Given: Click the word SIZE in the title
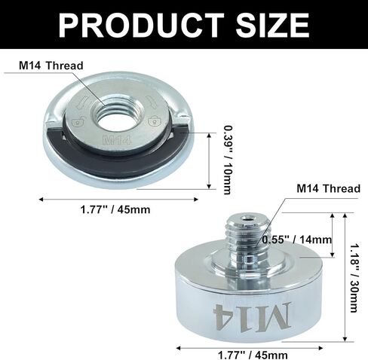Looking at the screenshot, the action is (272, 25).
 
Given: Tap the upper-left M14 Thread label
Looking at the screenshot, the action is (51, 66).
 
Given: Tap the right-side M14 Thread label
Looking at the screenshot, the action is (329, 188).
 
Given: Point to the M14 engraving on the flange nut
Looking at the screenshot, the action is (117, 140).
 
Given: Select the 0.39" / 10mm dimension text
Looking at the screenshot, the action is (228, 160).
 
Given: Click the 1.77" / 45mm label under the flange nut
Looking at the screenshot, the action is (115, 209).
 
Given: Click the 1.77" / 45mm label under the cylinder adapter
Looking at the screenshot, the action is (253, 355).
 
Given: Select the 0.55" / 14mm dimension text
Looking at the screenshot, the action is (297, 239).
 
